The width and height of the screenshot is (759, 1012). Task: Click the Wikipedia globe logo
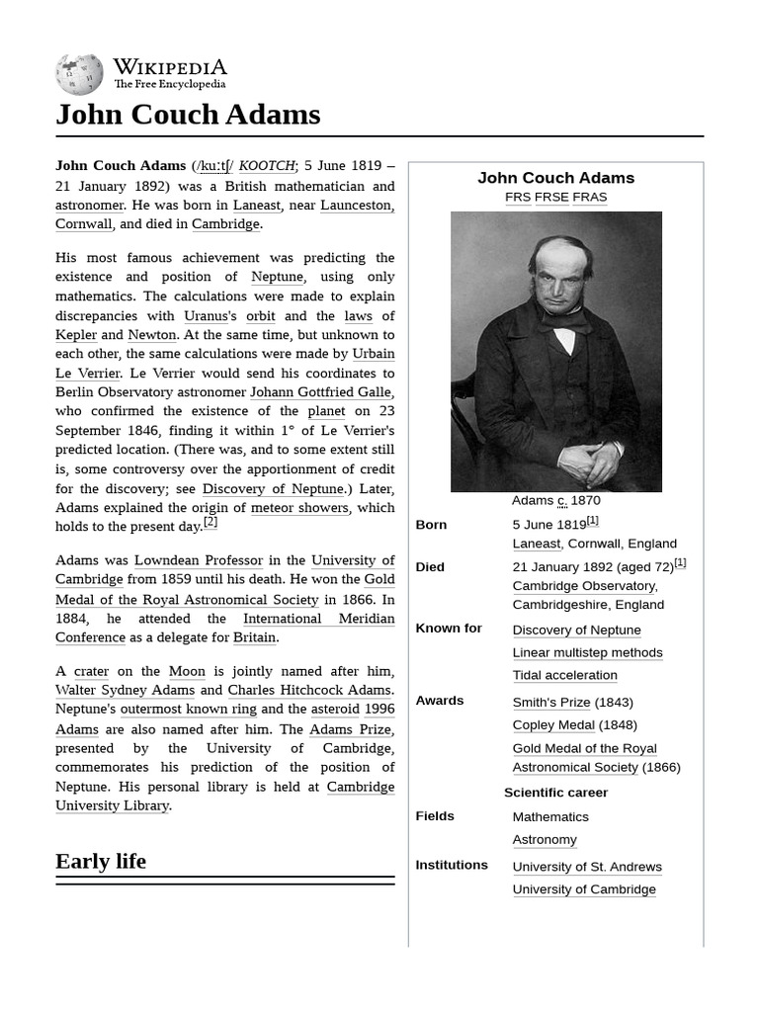[x=79, y=75]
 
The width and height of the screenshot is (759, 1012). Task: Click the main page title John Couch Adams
[x=188, y=115]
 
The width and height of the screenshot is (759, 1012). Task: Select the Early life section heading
[x=101, y=861]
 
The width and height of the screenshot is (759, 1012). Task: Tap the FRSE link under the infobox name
[x=551, y=197]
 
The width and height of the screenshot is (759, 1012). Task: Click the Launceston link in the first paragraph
[x=357, y=205]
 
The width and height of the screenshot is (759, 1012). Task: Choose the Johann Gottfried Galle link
[x=321, y=392]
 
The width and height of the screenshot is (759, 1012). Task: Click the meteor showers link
[x=299, y=508]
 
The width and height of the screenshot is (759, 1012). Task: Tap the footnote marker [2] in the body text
[x=211, y=523]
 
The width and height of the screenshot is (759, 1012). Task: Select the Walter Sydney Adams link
[x=125, y=690]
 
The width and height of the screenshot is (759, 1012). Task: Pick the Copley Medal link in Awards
[x=553, y=725]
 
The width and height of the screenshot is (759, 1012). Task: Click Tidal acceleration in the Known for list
[x=564, y=675]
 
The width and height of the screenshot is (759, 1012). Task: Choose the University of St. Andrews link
[x=587, y=867]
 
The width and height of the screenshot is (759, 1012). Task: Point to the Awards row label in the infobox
[x=440, y=701]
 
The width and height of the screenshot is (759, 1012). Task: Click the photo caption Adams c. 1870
[x=555, y=501]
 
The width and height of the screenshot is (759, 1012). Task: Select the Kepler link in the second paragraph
[x=76, y=335]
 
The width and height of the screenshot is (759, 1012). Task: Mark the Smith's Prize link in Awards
[x=551, y=703]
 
